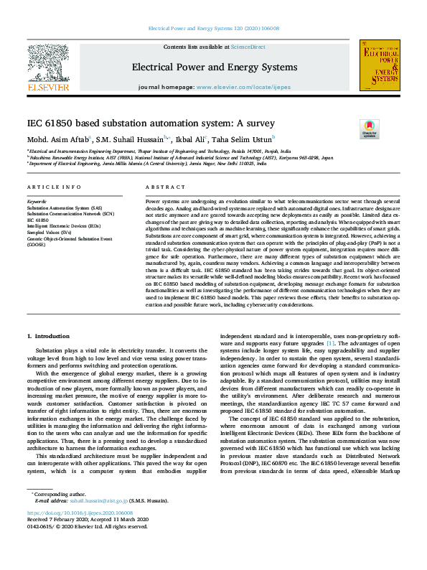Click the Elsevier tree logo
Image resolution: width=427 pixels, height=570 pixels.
pyautogui.click(x=47, y=63)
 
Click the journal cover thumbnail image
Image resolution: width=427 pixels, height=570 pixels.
pyautogui.click(x=379, y=65)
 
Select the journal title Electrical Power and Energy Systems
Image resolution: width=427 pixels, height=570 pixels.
pyautogui.click(x=214, y=67)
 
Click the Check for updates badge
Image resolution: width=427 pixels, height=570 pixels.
pyautogui.click(x=369, y=129)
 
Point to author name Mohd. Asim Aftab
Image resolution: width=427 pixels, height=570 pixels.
pyautogui.click(x=59, y=139)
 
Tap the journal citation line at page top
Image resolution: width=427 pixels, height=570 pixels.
pyautogui.click(x=213, y=29)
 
